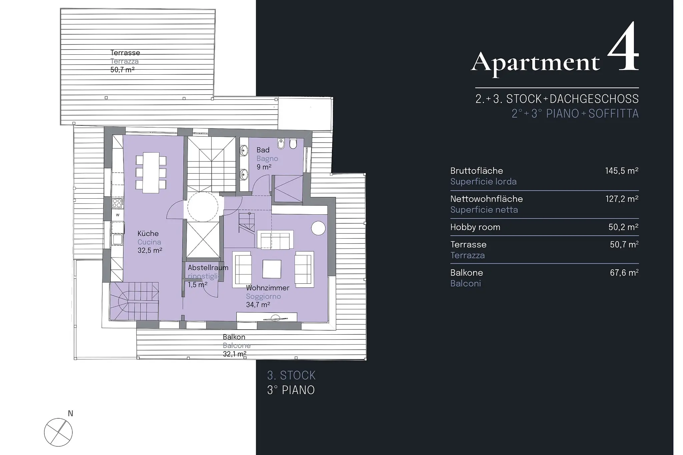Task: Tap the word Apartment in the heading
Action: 535,62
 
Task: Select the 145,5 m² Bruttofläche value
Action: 622,171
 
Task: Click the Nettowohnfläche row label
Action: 487,199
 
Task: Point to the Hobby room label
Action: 475,227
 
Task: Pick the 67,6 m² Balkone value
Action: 624,273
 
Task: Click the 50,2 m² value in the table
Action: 623,227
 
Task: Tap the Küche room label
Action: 148,234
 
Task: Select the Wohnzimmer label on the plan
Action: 267,288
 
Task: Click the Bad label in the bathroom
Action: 263,150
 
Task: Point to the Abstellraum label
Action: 208,268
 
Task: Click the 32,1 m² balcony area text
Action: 235,354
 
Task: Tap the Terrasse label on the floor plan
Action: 125,53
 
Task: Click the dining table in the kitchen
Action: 151,173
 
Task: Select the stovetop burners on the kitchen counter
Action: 117,203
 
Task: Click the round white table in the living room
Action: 318,228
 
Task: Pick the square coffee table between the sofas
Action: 271,269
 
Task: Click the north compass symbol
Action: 58,432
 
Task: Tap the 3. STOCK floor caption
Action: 291,376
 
